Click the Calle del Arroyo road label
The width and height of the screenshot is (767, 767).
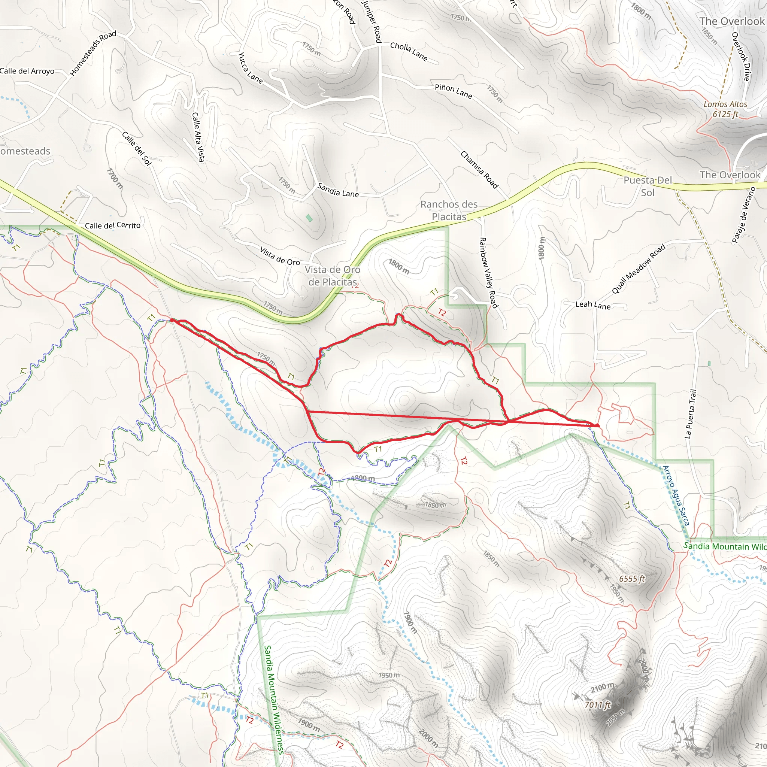pyautogui.click(x=27, y=71)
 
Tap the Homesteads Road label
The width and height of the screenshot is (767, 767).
pyautogui.click(x=93, y=53)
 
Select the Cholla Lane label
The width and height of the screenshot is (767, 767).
pyautogui.click(x=409, y=52)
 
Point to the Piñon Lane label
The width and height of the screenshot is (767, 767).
pyautogui.click(x=454, y=91)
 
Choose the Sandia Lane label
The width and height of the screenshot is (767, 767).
pyautogui.click(x=338, y=191)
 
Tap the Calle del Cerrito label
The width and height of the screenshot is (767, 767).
pyautogui.click(x=113, y=225)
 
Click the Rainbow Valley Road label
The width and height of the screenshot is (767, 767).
pyautogui.click(x=488, y=272)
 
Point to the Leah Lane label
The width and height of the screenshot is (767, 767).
pyautogui.click(x=593, y=305)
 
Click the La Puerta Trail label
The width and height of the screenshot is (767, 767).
pyautogui.click(x=691, y=414)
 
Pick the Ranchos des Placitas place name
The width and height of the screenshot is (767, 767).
pyautogui.click(x=449, y=210)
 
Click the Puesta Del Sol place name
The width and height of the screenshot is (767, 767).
pyautogui.click(x=648, y=186)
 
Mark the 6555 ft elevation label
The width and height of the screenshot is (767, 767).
pyautogui.click(x=632, y=579)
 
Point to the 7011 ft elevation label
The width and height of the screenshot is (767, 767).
pyautogui.click(x=597, y=705)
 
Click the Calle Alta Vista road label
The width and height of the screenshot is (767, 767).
pyautogui.click(x=198, y=137)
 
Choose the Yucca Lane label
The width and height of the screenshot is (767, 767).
pyautogui.click(x=251, y=68)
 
